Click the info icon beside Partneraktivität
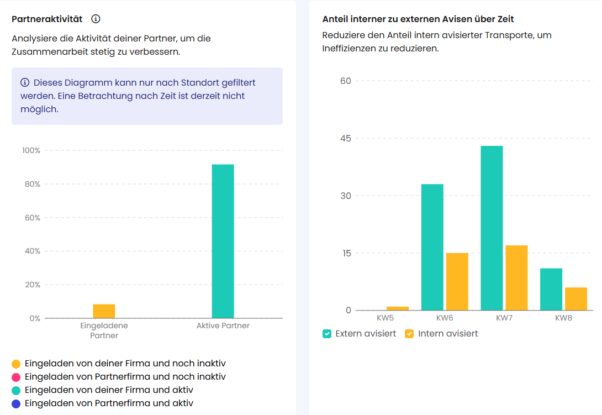[96, 19]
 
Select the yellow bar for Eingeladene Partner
[104, 311]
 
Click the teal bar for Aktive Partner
[223, 241]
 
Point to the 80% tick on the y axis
[31, 184]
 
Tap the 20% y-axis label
[31, 285]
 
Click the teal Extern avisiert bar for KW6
[432, 247]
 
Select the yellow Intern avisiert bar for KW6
[457, 281]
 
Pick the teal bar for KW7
[492, 228]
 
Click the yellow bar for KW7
[516, 277]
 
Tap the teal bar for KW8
[551, 289]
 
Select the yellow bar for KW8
[576, 298]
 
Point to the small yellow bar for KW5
[398, 308]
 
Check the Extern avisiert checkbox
[327, 334]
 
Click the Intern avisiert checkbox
[409, 334]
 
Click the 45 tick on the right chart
[345, 138]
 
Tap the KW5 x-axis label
[385, 318]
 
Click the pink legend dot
[16, 377]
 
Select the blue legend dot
[16, 404]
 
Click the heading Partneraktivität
[47, 19]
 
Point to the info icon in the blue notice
[25, 83]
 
